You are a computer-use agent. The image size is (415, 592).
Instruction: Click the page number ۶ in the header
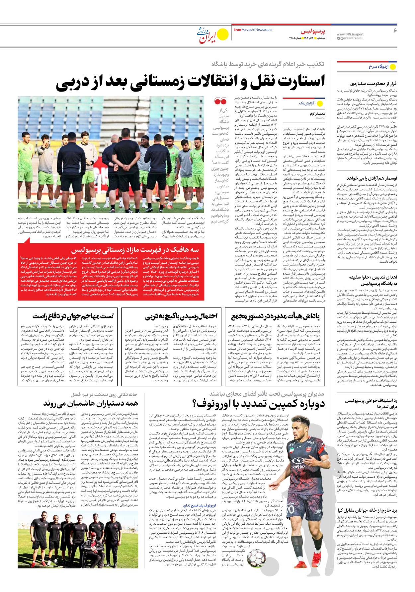pos(395,31)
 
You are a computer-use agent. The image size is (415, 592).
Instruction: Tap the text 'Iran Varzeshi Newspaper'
pos(253,30)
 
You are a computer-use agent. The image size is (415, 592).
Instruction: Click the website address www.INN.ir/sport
pos(350,34)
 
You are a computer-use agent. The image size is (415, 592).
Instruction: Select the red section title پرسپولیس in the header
pos(313,32)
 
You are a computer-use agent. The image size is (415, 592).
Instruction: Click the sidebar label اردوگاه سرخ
pos(378,67)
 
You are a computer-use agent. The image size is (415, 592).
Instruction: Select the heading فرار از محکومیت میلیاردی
pos(373,84)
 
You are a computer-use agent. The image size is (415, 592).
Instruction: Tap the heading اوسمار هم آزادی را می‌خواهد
pos(372,178)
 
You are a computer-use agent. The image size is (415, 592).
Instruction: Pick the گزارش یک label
pos(306,103)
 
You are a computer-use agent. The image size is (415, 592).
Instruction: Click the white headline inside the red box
pos(135,250)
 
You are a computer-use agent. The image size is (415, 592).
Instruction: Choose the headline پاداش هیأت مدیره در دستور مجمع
pos(275,316)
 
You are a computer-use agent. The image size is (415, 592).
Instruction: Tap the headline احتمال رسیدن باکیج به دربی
pos(181,316)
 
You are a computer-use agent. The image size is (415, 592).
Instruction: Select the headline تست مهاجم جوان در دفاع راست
pos(73,316)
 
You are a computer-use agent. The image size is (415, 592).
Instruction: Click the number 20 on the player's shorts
pos(290,509)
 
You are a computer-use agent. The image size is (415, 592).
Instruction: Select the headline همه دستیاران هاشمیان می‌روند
pos(90,404)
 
